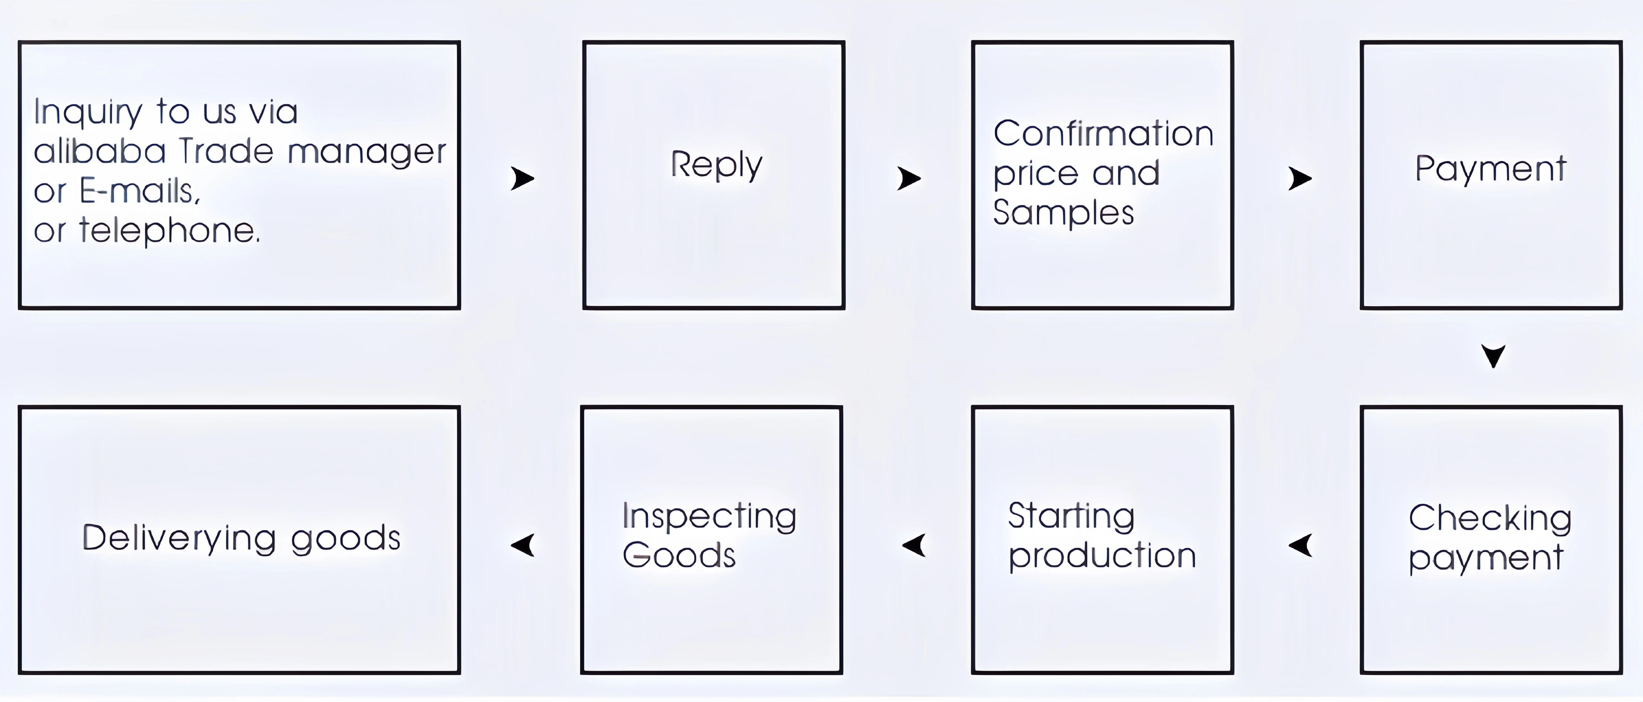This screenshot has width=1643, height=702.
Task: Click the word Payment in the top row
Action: (1491, 169)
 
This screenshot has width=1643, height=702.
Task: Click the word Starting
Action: (1071, 517)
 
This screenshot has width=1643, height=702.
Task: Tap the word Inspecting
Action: (709, 517)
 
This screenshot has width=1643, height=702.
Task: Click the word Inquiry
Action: (88, 112)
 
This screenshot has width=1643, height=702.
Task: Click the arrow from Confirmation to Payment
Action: (1300, 178)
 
